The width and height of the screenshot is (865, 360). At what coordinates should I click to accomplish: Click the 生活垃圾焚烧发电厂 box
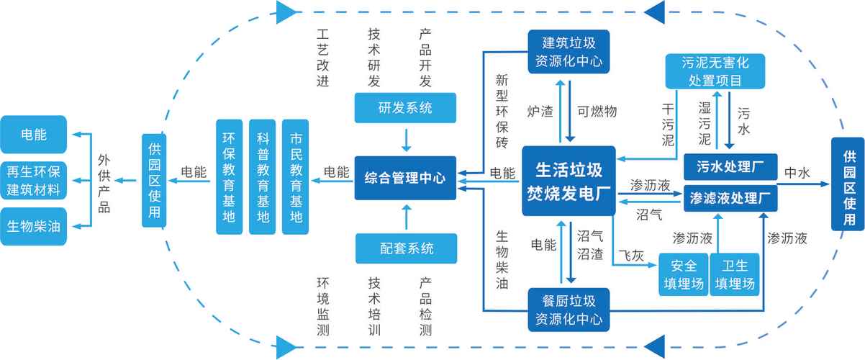(x=569, y=181)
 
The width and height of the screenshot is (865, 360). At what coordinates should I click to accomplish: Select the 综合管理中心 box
(x=404, y=178)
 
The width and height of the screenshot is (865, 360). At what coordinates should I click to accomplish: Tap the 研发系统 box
(x=406, y=109)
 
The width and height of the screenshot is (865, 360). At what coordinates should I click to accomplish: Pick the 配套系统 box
(x=406, y=249)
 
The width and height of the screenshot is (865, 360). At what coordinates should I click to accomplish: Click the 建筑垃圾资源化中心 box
(x=568, y=50)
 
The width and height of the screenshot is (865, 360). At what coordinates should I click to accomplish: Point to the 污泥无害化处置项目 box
(x=715, y=71)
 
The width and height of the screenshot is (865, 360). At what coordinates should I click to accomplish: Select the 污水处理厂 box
(x=730, y=167)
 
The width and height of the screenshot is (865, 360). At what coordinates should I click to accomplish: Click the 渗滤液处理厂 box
(x=730, y=197)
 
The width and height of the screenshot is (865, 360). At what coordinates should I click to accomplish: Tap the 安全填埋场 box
(x=683, y=274)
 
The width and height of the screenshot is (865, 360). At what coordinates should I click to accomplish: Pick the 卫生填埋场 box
(x=734, y=274)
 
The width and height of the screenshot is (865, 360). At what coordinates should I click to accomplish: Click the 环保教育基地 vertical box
(x=230, y=177)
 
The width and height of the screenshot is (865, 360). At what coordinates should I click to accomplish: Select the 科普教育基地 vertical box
(x=263, y=177)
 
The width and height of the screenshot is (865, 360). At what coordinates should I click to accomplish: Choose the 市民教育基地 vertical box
(x=296, y=177)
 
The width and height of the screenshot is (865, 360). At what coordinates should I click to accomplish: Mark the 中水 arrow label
(x=797, y=173)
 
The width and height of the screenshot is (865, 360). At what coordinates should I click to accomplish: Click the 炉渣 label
(x=540, y=112)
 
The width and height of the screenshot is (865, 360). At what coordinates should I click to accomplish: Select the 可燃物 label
(x=597, y=112)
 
